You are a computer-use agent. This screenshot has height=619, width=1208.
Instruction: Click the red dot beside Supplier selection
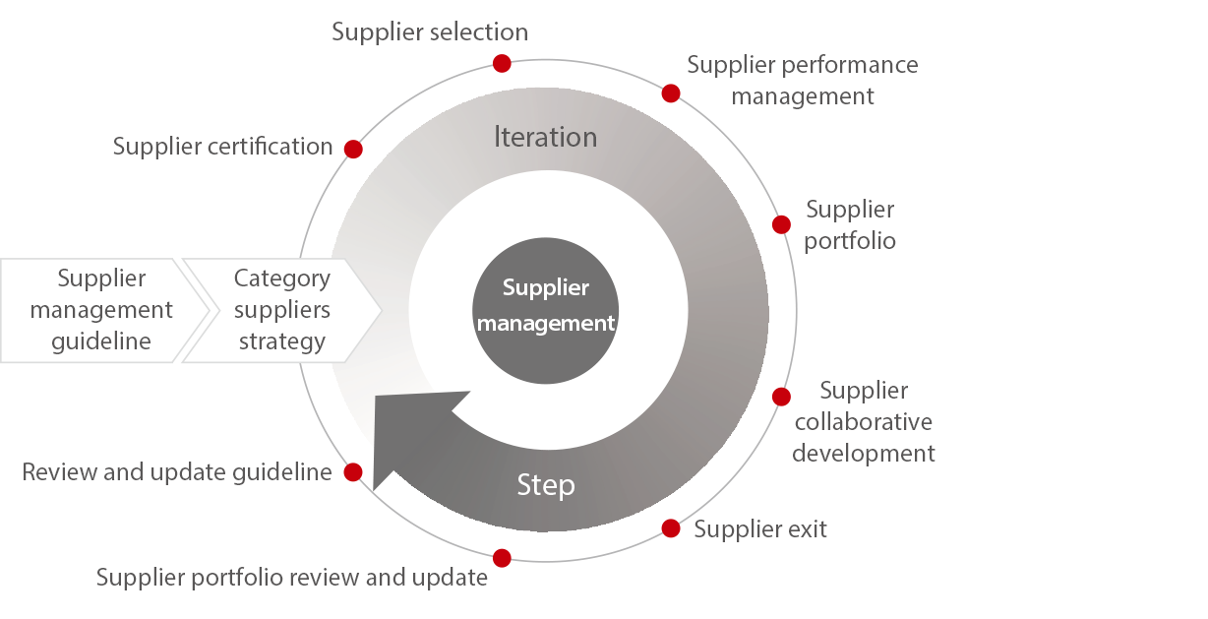502,63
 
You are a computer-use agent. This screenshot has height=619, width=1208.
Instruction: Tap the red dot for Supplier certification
353,150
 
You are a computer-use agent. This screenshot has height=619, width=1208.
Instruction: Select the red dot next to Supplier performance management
671,93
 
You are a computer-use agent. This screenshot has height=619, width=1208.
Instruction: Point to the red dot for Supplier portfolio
781,224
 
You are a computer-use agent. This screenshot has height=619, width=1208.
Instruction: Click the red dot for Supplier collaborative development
781,397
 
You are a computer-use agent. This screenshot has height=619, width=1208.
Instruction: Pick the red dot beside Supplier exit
671,528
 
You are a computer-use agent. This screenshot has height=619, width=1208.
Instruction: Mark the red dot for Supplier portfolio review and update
502,558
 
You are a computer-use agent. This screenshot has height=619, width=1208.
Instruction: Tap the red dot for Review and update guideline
353,472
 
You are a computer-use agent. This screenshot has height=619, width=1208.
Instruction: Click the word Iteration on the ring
545,137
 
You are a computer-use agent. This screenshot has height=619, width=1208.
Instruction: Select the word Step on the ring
546,484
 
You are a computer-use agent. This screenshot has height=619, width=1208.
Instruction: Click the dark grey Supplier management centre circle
546,306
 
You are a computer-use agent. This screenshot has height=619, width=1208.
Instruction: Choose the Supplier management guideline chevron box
101,310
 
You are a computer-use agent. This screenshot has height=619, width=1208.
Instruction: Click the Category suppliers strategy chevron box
281,310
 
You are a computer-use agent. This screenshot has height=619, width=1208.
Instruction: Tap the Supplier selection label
430,32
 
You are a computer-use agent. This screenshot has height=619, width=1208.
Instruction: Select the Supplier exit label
760,529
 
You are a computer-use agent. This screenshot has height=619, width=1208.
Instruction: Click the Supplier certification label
222,148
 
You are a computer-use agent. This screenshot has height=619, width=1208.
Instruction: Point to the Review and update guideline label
177,473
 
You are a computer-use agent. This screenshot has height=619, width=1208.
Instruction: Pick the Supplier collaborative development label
864,422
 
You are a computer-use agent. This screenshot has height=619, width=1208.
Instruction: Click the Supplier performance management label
803,81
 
